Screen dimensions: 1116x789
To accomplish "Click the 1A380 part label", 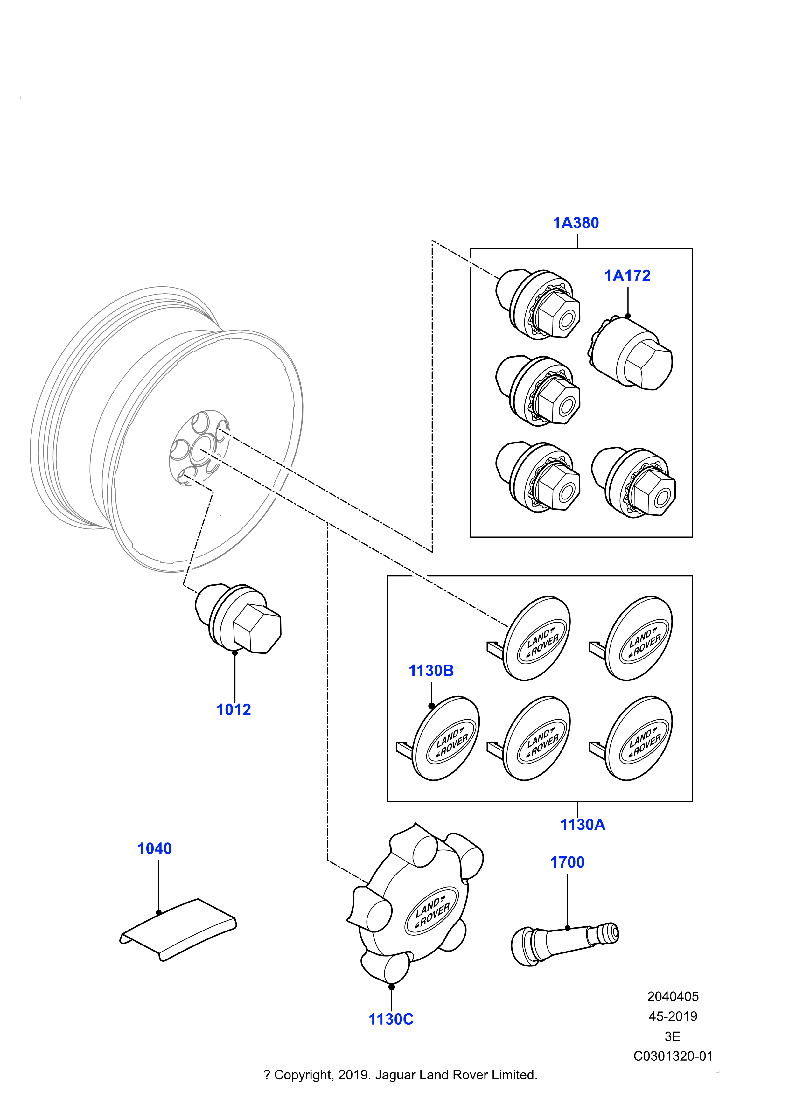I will point(576,224).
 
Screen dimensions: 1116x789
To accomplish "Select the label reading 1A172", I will point(627,276).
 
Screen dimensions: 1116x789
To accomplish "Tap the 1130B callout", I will point(431,672).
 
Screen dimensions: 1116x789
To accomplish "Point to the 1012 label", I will point(233,711).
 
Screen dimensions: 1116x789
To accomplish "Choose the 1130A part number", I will point(583,825).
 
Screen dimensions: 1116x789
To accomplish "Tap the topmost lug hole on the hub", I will point(200,422).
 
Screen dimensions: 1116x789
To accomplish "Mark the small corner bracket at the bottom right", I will point(717,1071).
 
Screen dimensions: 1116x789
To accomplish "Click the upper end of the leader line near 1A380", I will point(497,277).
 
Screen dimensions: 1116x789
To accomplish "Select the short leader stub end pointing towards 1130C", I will point(366,882).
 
